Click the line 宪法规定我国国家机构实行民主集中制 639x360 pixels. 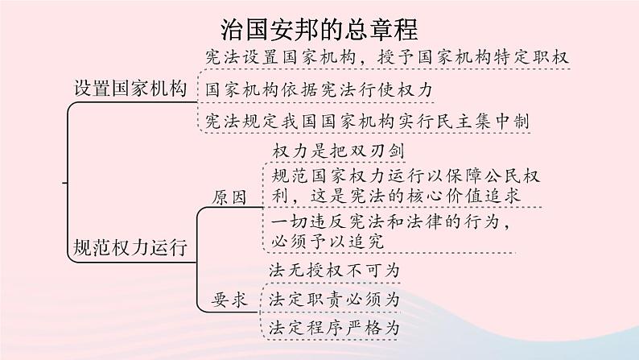pyautogui.click(x=367, y=121)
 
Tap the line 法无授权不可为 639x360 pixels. pyautogui.click(x=332, y=269)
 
